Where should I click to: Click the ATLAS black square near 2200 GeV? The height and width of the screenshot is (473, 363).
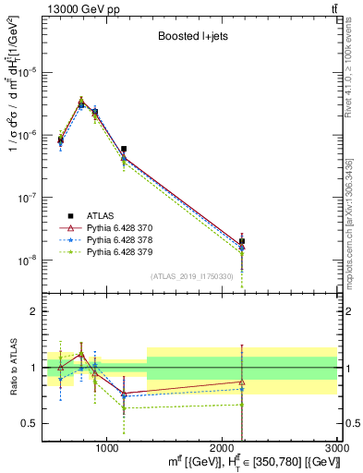(242, 241)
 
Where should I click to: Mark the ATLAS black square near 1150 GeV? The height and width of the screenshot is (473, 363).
(124, 149)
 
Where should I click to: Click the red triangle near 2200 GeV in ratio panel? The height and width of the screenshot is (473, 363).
(242, 382)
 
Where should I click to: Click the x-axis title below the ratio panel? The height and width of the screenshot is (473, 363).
(231, 460)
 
